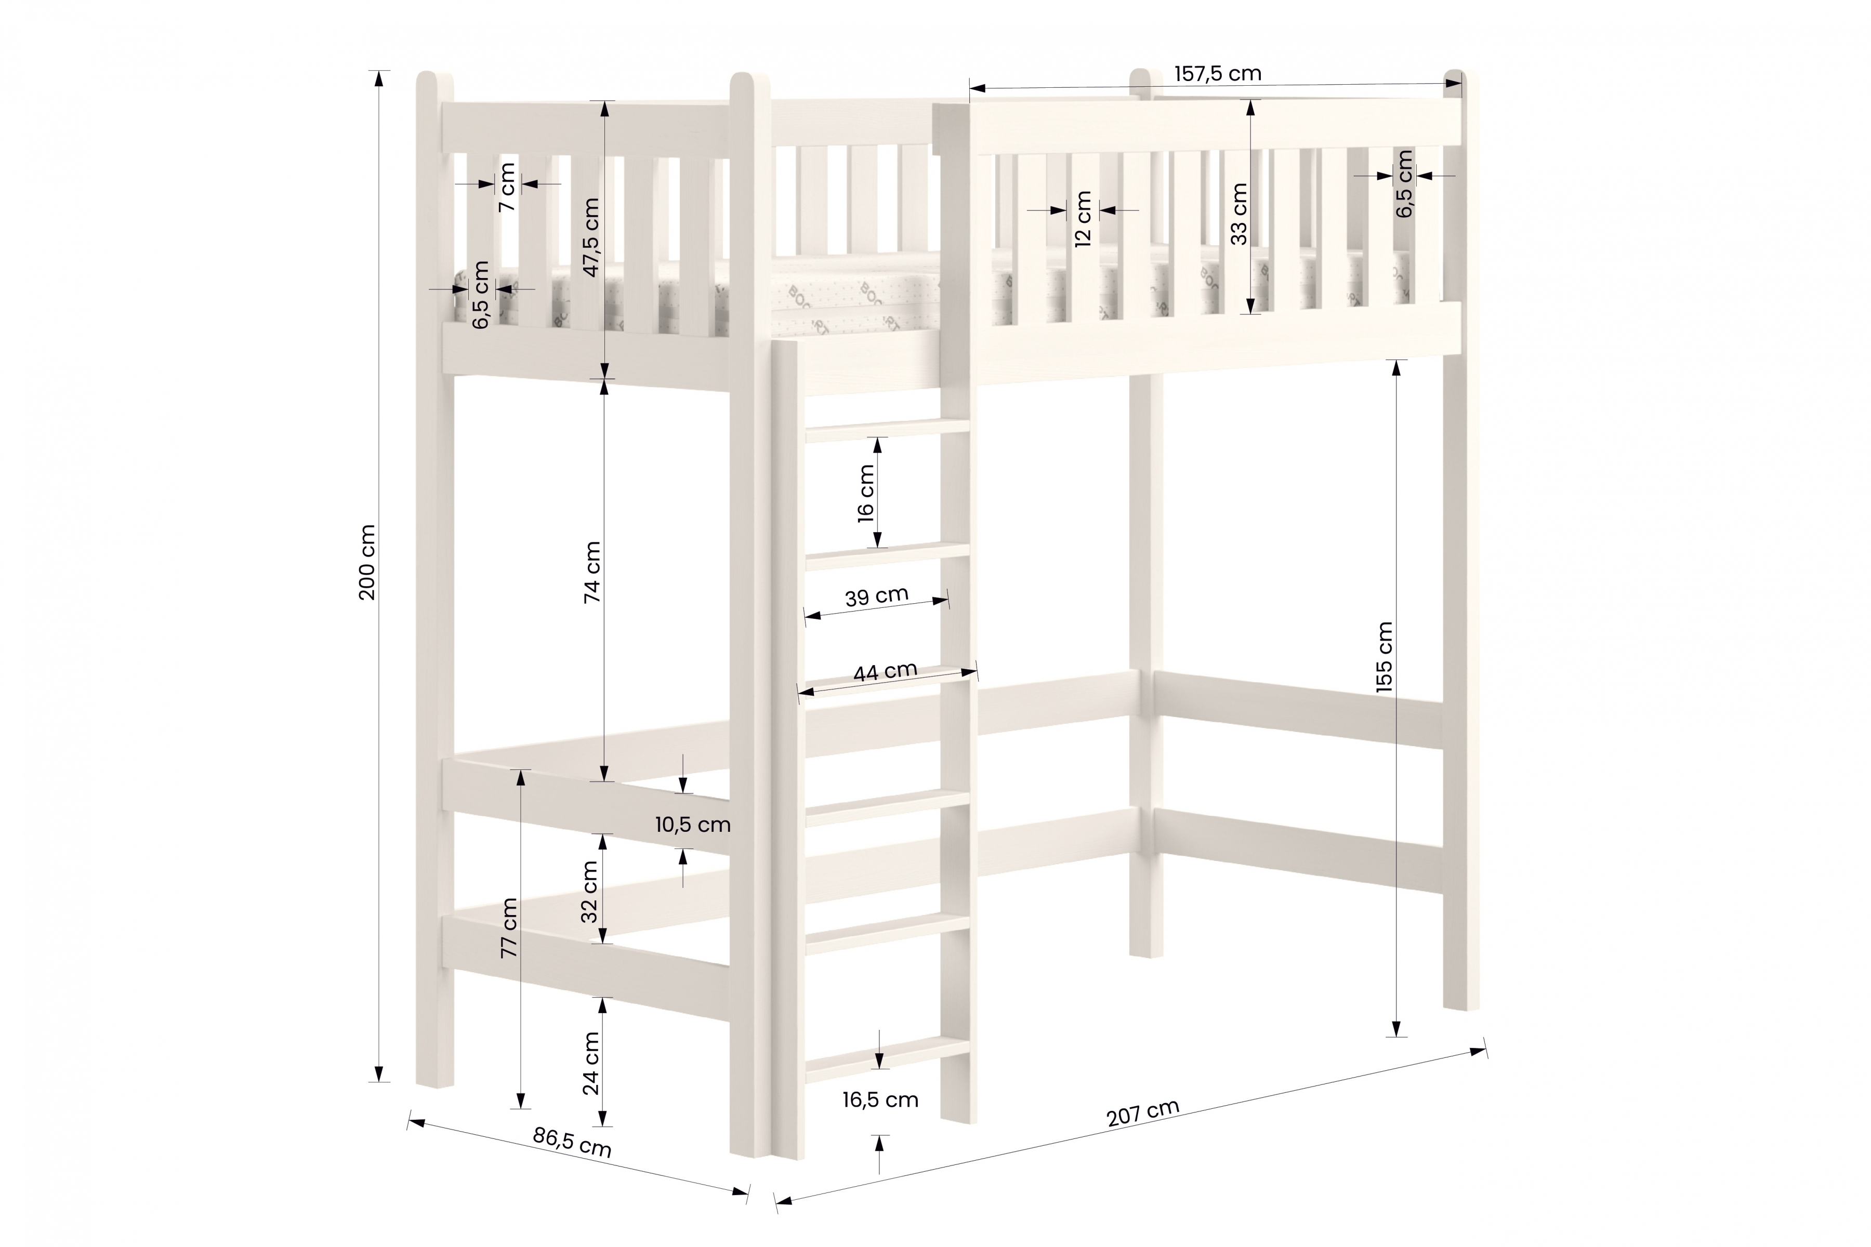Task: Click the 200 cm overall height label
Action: click(367, 562)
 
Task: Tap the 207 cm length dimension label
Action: click(1142, 1112)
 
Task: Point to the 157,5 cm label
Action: click(1218, 74)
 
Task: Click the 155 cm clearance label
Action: click(1384, 657)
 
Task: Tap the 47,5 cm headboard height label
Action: click(590, 237)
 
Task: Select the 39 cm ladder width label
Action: click(877, 596)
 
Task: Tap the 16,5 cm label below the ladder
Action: click(880, 1100)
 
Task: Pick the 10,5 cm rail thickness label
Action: click(693, 825)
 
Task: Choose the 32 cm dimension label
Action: click(589, 891)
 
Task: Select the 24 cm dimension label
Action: click(590, 1063)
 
